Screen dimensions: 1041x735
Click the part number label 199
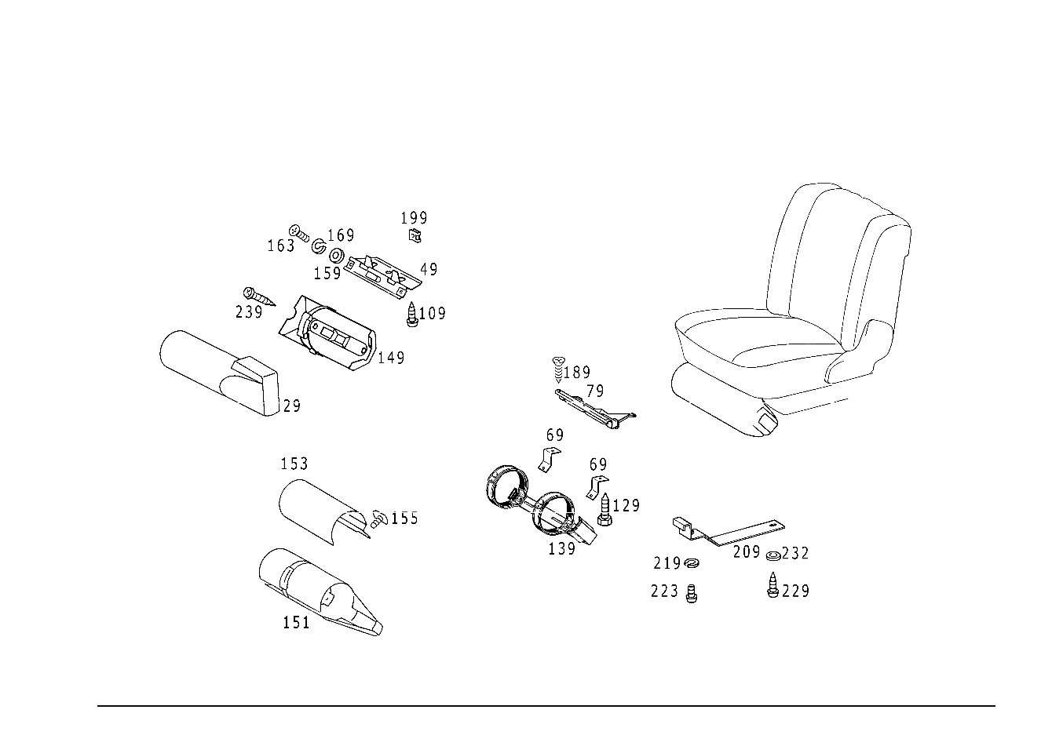[414, 218]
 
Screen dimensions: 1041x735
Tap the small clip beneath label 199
[415, 236]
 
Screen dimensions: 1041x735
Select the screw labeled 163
[299, 234]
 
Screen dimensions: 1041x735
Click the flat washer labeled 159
[336, 256]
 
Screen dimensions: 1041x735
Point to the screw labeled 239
[259, 297]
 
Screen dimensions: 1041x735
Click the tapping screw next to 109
[411, 315]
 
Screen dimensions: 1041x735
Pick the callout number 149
[391, 358]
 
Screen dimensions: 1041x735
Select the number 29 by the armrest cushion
[291, 406]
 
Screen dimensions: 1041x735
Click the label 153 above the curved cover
[294, 464]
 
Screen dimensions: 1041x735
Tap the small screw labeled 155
[379, 519]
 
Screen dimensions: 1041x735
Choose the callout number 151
[296, 622]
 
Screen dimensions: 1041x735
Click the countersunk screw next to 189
[559, 369]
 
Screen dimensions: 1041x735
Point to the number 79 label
[595, 391]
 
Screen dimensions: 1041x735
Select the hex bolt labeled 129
[605, 509]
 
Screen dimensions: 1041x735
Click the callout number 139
[561, 549]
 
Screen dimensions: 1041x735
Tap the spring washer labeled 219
[692, 563]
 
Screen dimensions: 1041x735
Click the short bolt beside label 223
[692, 594]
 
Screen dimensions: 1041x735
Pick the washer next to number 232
[773, 555]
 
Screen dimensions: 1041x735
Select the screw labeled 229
[773, 585]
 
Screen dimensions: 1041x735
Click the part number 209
[747, 552]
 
